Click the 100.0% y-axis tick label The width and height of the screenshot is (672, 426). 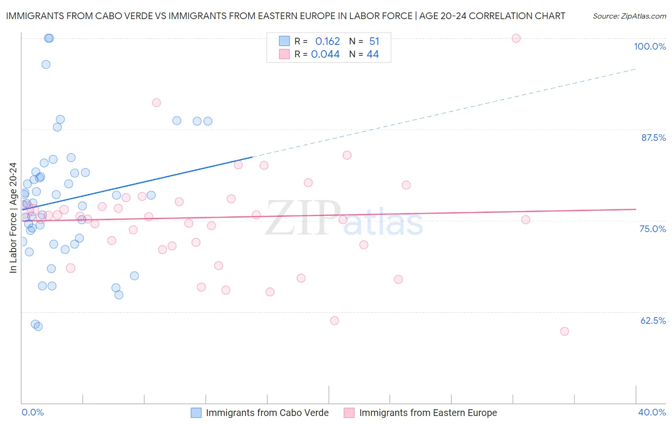point(650,46)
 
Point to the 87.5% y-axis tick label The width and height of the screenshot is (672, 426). point(653,138)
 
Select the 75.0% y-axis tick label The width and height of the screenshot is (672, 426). point(652,229)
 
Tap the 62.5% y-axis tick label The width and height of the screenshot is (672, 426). point(653,320)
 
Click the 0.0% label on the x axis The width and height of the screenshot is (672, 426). point(33,412)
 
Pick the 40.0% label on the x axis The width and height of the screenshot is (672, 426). point(652,412)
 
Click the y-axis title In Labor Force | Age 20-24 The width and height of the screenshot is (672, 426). point(13,218)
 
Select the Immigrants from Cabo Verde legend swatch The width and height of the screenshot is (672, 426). point(196,413)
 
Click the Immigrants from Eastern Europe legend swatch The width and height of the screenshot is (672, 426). point(349,413)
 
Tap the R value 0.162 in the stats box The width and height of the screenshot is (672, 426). point(327,41)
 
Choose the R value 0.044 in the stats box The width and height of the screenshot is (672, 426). point(325,54)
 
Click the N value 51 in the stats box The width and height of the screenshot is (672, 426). point(374,41)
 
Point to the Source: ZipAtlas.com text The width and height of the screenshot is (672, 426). point(629,16)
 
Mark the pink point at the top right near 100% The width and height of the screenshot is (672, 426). point(516,38)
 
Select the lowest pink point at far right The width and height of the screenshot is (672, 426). point(564,331)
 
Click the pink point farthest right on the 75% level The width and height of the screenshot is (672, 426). point(526,220)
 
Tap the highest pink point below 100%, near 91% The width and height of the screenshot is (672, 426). point(156,103)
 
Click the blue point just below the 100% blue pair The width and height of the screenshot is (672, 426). point(46,64)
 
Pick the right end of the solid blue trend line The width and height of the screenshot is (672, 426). point(252,157)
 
